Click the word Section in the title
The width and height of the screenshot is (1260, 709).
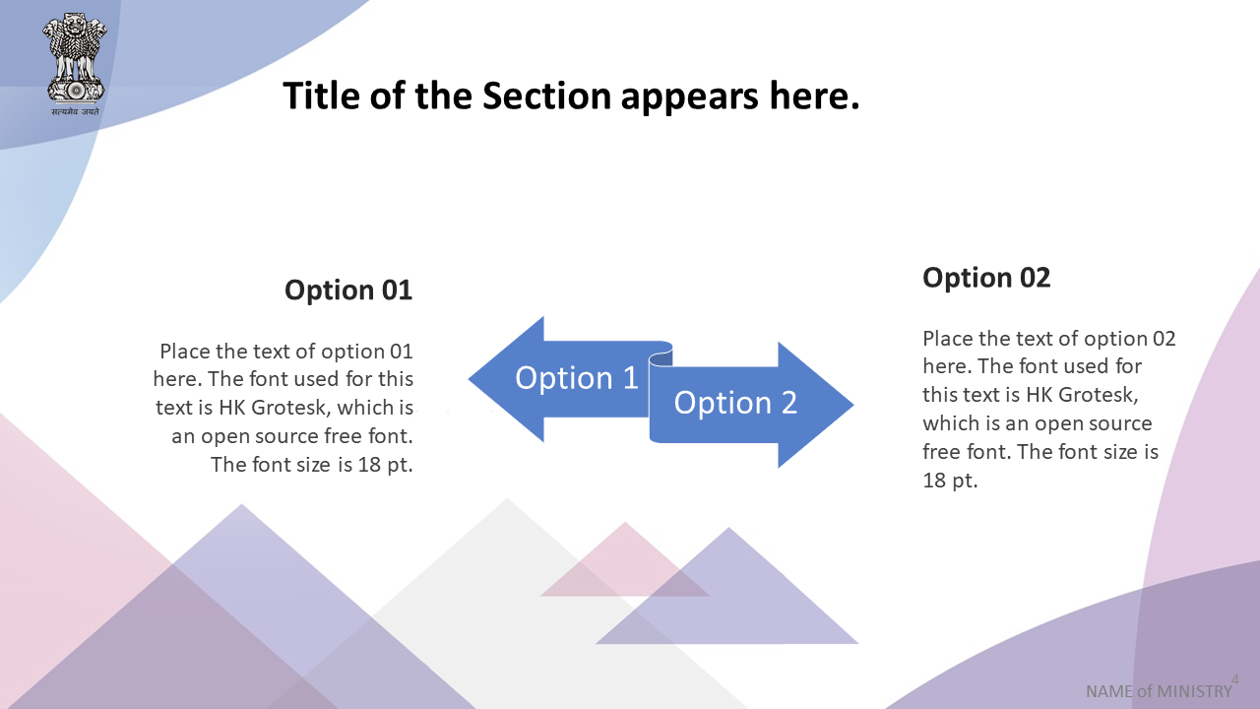pos(546,96)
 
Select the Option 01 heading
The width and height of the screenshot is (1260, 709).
pos(348,290)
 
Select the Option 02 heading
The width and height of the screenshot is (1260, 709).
pos(986,278)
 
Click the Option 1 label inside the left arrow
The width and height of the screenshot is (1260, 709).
pos(577,377)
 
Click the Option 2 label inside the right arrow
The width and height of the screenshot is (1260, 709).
pos(735,403)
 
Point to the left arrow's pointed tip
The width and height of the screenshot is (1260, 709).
pos(470,379)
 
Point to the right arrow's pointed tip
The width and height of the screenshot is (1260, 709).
pos(853,404)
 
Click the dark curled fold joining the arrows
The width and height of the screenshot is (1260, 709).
pos(661,358)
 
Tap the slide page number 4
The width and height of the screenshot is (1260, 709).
pos(1235,679)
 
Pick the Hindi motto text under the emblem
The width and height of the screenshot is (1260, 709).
pos(76,111)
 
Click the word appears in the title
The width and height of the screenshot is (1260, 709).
pos(690,97)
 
